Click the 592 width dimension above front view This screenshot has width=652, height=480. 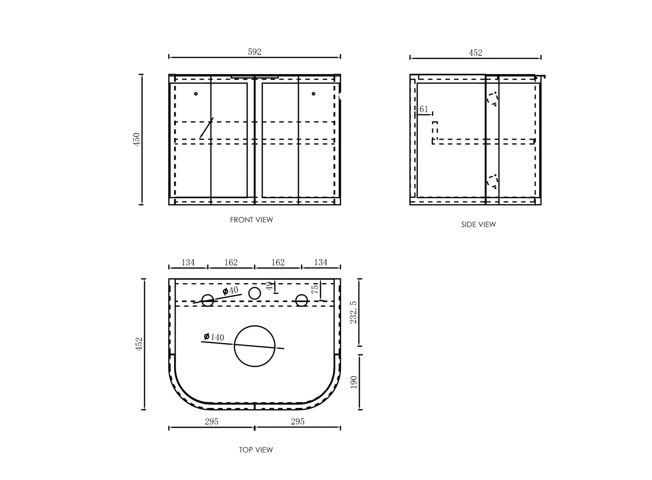pos(254,52)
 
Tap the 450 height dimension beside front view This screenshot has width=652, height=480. pos(137,139)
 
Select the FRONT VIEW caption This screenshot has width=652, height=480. pos(251,220)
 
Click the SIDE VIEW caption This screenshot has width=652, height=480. pos(478,224)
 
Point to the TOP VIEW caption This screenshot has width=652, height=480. pos(256,450)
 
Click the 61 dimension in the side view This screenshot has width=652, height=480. pos(424,109)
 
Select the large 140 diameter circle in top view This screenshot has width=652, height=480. pos(255,346)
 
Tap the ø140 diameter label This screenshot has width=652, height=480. pos(214,337)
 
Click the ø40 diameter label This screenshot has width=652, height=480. pos(231,291)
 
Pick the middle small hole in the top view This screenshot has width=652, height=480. pos(254,293)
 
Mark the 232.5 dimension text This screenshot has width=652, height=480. pos(353,312)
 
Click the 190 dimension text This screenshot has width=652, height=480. pos(353,383)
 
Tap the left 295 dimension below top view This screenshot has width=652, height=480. pos(211,421)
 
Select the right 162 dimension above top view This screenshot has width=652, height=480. pos(278,263)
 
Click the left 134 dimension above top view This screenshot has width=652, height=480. pos(188,263)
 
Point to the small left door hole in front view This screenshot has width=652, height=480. pos(196,94)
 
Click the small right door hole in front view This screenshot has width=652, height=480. pos(313,94)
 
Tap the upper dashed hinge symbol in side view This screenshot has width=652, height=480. pos(492,98)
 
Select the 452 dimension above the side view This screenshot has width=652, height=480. pos(475,53)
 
